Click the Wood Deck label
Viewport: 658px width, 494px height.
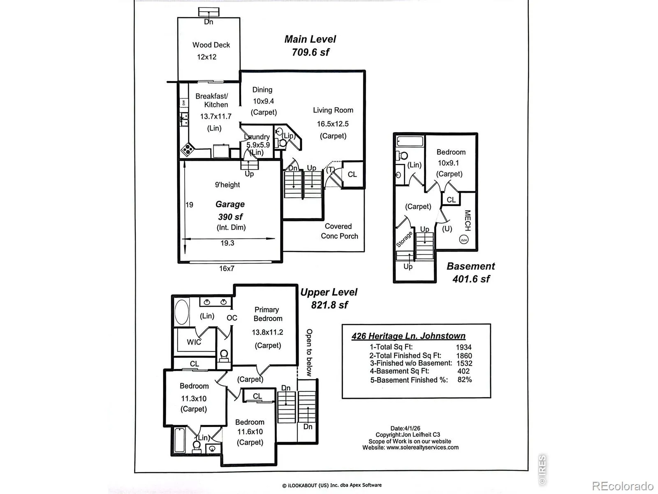point(211,45)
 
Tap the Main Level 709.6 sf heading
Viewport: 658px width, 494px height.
point(310,46)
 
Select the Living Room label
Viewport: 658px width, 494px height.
point(333,110)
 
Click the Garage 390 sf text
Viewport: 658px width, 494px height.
point(230,210)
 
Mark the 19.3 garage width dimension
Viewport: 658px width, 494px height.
point(227,243)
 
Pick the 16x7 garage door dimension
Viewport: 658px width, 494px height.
point(227,268)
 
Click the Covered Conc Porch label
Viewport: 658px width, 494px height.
point(339,231)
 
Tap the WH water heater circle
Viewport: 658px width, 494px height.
point(464,240)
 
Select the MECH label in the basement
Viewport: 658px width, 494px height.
point(468,221)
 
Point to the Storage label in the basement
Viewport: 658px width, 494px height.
point(404,239)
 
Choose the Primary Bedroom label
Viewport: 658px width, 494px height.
point(267,314)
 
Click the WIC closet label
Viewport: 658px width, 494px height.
point(194,342)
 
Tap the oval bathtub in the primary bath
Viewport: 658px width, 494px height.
point(182,312)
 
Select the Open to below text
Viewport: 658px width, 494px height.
point(309,352)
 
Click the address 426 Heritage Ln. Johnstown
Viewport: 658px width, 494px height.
point(408,336)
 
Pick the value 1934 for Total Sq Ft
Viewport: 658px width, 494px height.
point(464,347)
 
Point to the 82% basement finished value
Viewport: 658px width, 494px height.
point(465,380)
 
